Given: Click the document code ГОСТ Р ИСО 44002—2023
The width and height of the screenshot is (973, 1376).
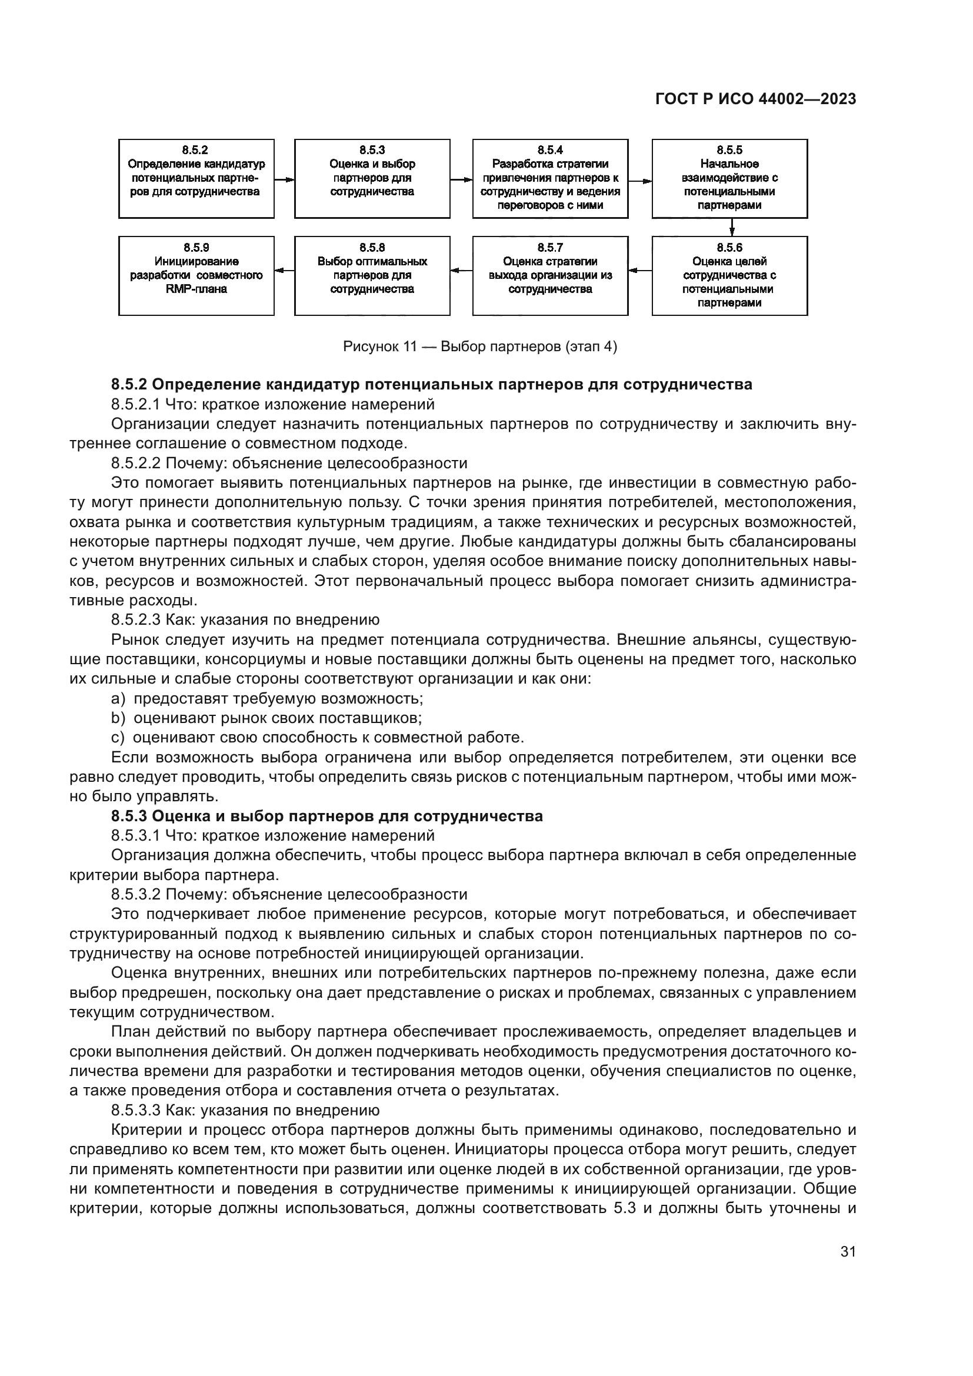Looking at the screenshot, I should coord(755,99).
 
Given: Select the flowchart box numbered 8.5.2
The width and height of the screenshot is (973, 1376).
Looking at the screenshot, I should coord(196,179).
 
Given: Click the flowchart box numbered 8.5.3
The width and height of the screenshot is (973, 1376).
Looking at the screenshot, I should coord(372,179).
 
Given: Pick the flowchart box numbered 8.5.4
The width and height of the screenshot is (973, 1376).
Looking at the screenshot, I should coord(550,179).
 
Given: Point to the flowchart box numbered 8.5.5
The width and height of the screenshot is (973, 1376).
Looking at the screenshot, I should coord(729,179).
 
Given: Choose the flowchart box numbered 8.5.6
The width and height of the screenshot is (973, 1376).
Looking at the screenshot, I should coord(729,276).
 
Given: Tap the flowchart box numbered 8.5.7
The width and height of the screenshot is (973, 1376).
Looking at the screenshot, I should coord(550,276).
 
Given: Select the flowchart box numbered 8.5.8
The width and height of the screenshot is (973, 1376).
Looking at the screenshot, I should coord(372,276).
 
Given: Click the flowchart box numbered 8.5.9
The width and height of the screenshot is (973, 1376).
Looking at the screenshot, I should coord(196,276).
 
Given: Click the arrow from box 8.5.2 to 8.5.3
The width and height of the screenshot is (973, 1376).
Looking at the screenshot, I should coord(285,179).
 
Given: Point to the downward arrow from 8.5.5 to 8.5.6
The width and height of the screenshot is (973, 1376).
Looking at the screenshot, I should coord(732,227).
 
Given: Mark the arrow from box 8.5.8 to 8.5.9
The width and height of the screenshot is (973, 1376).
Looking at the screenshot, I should coord(285,271).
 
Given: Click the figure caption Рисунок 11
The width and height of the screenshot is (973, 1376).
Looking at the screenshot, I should coord(479,347).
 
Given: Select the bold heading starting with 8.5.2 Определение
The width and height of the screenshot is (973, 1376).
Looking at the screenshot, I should coord(431,385).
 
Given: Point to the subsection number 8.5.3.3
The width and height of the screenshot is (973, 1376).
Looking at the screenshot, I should coord(135,1111).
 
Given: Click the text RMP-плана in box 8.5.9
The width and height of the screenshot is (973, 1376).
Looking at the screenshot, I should coord(196,289).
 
